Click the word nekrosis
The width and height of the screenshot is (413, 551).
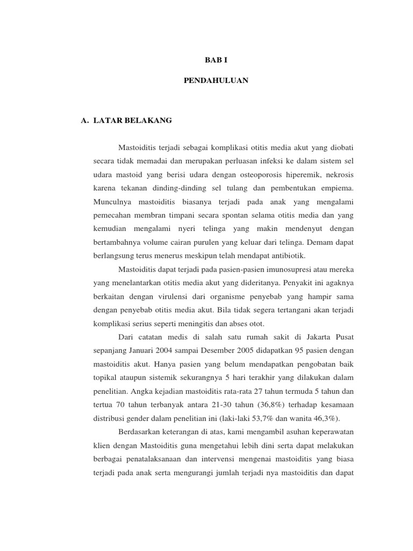coord(338,175)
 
